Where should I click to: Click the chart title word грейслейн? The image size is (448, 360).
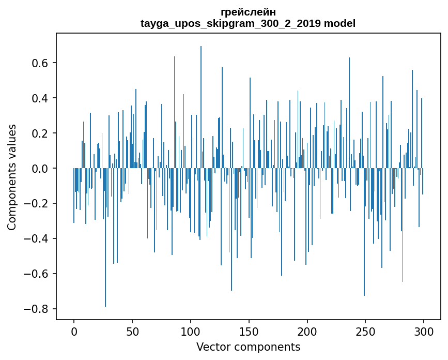pos(248,12)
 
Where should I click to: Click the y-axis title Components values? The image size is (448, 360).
pos(12,177)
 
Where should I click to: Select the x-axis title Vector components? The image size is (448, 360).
pos(248,347)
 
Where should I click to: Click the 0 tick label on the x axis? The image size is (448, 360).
pos(74,332)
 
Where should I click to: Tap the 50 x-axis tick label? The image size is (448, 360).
pos(132,332)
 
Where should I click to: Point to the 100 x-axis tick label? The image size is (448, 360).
pos(191,332)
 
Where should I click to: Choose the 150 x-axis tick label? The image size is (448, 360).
pos(249,332)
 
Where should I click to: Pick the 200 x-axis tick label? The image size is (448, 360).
pos(307,332)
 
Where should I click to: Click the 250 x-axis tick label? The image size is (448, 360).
pos(366,332)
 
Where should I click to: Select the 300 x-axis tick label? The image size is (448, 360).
pos(424,332)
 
